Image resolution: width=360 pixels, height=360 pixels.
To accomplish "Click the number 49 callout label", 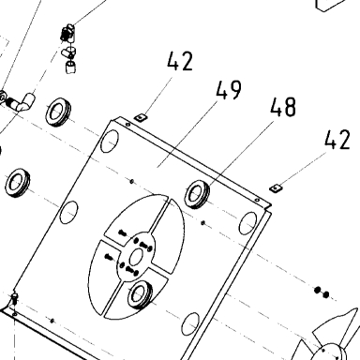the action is click(229, 90).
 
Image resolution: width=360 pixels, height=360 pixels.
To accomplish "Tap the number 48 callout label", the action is click(283, 107).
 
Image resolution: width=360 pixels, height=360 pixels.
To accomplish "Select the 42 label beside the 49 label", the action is click(180, 61).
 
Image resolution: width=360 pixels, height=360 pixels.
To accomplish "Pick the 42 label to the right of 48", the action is click(337, 140).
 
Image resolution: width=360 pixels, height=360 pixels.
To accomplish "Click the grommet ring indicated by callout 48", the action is click(198, 194).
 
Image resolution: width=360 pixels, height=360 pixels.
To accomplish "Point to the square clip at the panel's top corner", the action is click(141, 117).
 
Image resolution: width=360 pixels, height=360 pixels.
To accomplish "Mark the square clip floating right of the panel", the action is click(276, 188).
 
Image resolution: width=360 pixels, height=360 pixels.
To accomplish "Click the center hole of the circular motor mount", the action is click(136, 258).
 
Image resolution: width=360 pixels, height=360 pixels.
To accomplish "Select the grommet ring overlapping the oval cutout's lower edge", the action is click(140, 294).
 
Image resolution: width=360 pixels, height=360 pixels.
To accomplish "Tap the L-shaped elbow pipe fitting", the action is click(22, 102).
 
